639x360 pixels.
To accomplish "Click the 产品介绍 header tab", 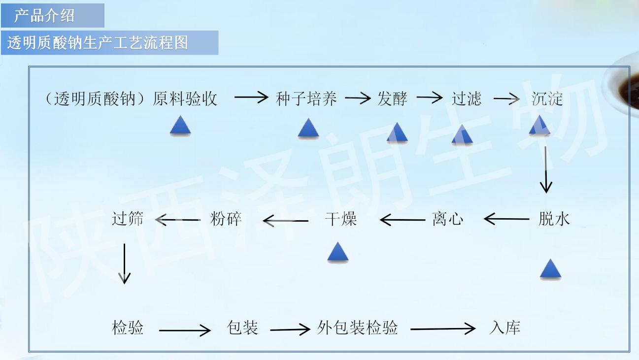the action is [53, 15].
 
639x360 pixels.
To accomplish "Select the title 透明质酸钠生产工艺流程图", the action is [98, 43].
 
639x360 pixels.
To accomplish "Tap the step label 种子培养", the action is [306, 98].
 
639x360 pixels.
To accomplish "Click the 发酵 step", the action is [392, 98].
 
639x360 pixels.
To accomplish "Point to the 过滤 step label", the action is [467, 98].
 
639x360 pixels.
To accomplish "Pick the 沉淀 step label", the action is [547, 98].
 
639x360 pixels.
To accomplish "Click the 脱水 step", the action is [554, 219].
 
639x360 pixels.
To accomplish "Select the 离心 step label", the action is [447, 219].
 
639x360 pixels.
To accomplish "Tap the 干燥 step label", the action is [341, 219].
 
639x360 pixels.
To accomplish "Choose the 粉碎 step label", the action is [226, 219].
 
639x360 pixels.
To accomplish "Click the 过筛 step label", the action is [128, 219].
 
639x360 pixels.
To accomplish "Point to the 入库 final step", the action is [504, 327].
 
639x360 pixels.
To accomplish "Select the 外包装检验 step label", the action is [357, 327].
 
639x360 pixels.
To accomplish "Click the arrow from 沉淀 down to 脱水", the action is [546, 170].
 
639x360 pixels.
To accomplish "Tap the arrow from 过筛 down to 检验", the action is [124, 263].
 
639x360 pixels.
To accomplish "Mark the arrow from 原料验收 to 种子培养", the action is [251, 98].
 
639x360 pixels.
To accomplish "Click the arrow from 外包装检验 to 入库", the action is [443, 329].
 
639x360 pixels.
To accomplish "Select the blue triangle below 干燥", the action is [338, 252].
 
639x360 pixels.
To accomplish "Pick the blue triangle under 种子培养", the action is [308, 129].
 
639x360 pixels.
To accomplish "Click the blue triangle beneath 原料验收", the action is [180, 126].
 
